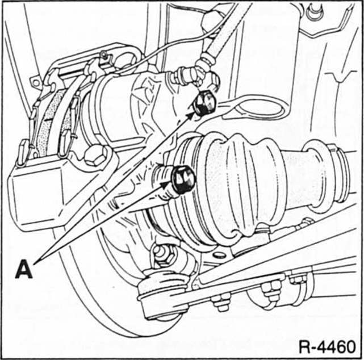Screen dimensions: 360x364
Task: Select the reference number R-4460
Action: (328, 346)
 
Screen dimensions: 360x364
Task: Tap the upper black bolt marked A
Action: (205, 104)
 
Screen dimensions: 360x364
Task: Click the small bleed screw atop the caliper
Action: (103, 55)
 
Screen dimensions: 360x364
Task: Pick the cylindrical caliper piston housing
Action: (122, 111)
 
